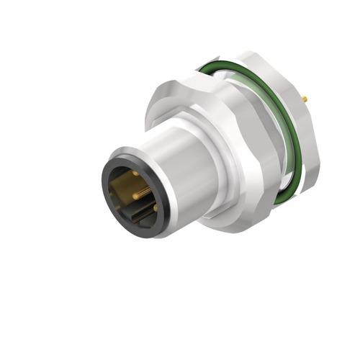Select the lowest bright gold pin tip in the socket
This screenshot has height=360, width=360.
pos(155,208)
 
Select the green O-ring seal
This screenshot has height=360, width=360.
pos(216,69)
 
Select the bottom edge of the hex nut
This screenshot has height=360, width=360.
pos(230,229)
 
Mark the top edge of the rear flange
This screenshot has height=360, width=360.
pos(252,54)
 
